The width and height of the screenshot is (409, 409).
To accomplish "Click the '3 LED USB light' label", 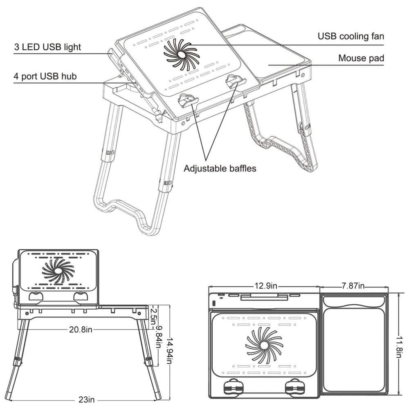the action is click(x=47, y=47).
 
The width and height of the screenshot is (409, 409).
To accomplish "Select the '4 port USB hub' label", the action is click(x=45, y=76).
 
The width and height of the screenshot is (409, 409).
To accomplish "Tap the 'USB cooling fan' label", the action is click(x=351, y=36).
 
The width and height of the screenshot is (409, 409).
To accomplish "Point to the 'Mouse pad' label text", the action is click(x=361, y=58).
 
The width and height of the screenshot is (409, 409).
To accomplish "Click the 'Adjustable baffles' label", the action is click(x=220, y=169).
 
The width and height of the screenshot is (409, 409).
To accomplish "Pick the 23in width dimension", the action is click(x=86, y=399).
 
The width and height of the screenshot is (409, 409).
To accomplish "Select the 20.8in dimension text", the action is click(x=81, y=330).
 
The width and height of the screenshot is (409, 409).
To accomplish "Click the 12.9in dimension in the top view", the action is click(x=266, y=286).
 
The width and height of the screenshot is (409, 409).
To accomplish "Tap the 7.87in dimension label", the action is click(x=353, y=286).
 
